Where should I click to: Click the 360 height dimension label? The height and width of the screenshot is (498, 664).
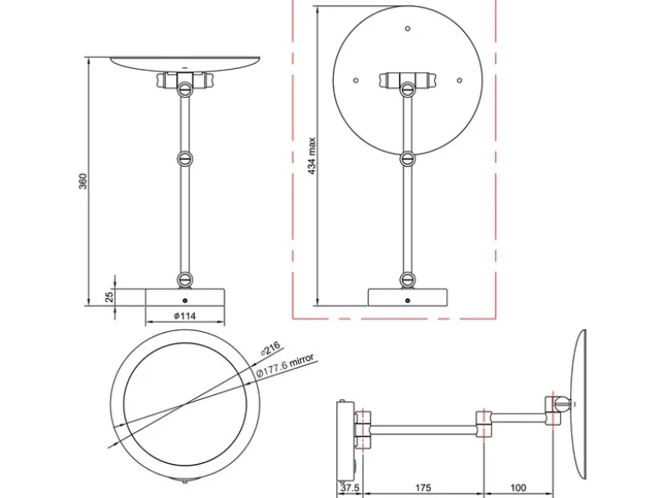pos(83,181)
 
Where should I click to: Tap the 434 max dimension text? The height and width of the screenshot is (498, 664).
pos(312,156)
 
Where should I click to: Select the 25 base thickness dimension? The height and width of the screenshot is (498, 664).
pos(110,296)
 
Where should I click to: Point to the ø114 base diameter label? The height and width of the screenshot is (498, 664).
pos(185,316)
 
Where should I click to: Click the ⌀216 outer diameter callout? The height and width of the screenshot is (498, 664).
pos(270,348)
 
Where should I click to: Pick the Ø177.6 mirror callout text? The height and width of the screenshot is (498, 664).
pos(285,365)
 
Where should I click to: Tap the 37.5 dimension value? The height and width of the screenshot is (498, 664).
pos(350,488)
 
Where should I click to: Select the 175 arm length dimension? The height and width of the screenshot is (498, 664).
pos(422,488)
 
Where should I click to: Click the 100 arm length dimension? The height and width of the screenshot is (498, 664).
pos(518,488)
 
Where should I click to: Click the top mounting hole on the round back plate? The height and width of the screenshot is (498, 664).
pos(408,29)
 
